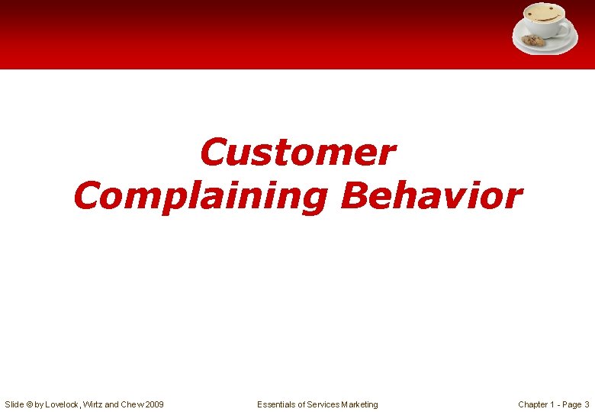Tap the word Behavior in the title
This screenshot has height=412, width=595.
point(431,195)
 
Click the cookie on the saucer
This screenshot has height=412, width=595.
point(532,40)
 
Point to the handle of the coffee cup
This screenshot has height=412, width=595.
point(565,28)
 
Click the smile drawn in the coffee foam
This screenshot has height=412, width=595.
point(544,16)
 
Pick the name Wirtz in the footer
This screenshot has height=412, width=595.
point(96,404)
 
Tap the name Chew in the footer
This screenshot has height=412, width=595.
point(130,404)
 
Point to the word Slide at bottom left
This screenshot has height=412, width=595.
point(14,404)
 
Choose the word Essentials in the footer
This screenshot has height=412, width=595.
point(278,404)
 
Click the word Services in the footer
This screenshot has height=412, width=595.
point(324,404)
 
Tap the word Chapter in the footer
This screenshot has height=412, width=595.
point(534,404)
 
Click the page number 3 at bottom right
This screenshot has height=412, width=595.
point(587,404)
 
